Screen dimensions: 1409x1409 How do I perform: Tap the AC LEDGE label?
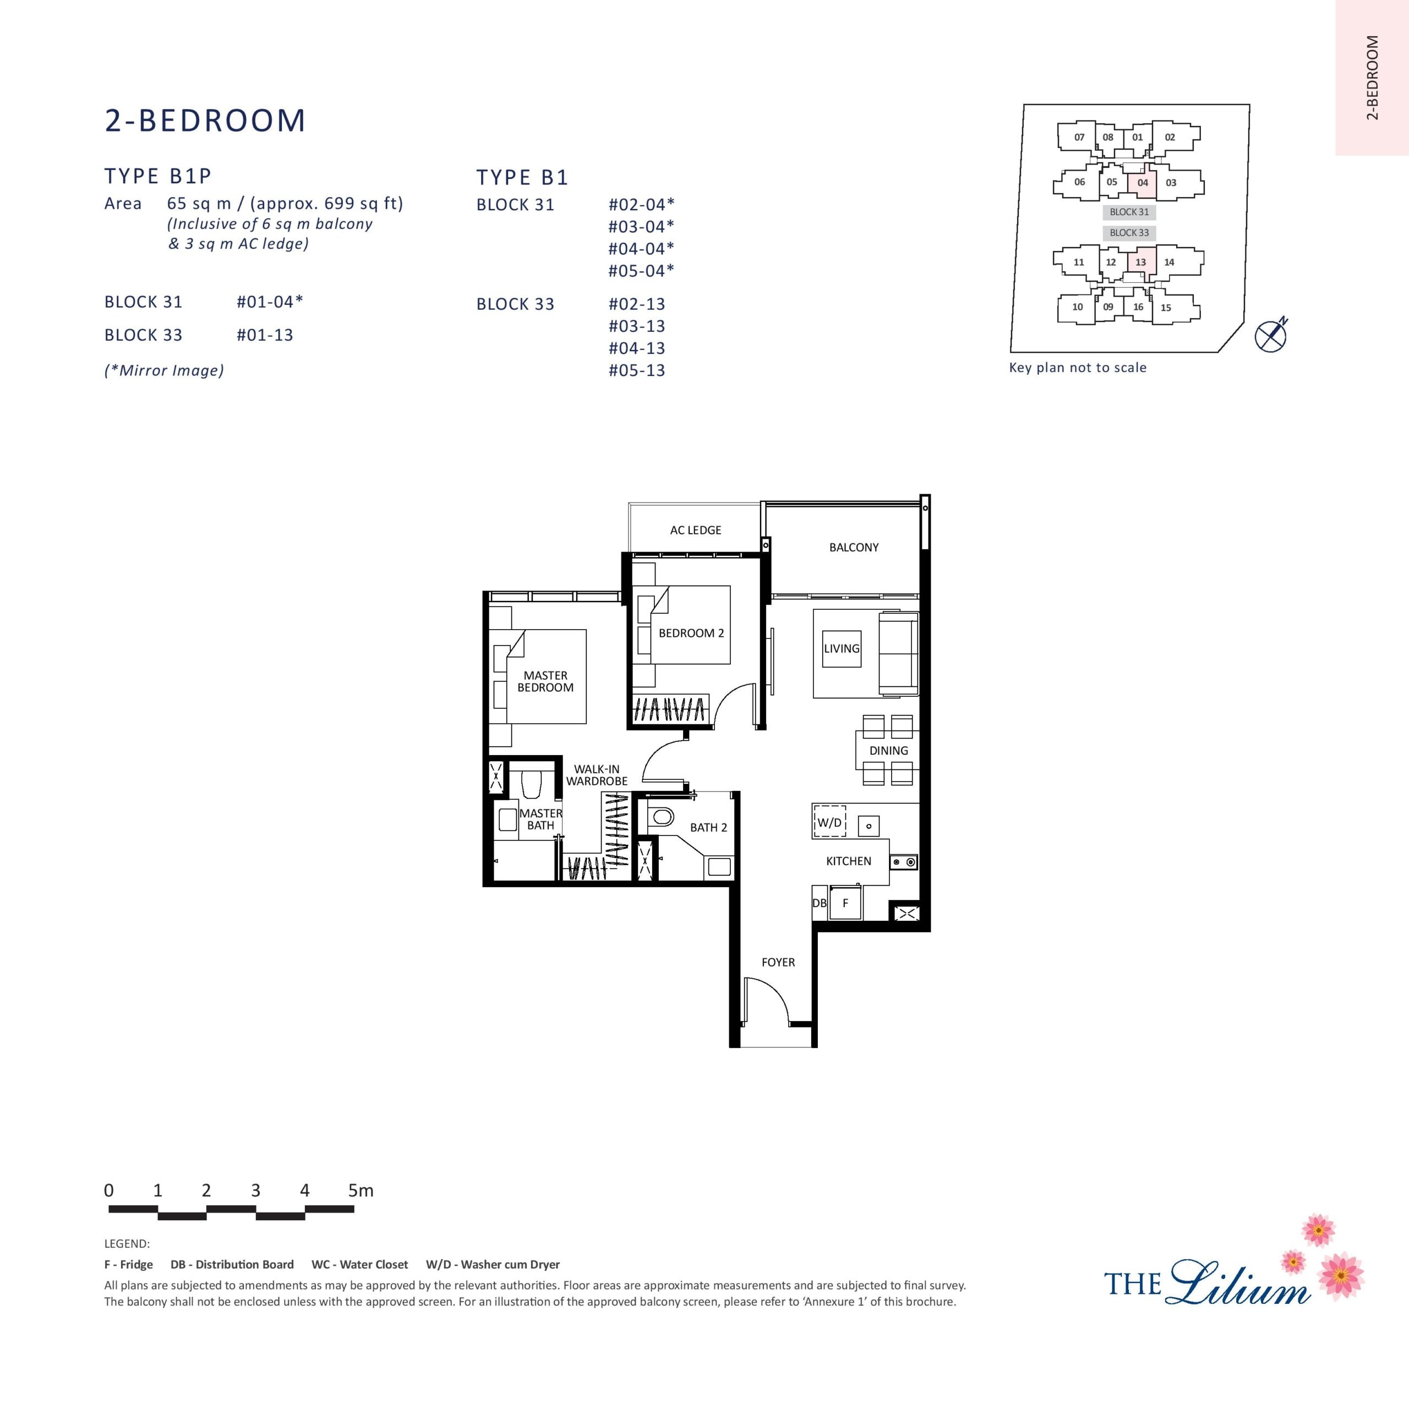point(696,530)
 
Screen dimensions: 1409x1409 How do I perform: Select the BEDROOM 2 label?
point(691,633)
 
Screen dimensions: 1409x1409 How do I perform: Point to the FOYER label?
point(778,962)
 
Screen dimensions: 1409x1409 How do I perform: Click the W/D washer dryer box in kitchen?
point(829,822)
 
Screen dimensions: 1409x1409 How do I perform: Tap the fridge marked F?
point(845,903)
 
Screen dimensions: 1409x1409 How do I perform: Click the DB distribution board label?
point(820,903)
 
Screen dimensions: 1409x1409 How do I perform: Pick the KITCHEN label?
point(848,861)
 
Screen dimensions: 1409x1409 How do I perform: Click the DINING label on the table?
point(888,750)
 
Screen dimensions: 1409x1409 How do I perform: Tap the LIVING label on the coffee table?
point(842,648)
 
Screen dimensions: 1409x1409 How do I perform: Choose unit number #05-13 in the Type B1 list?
point(637,370)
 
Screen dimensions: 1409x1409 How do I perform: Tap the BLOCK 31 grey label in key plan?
point(1129,212)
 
